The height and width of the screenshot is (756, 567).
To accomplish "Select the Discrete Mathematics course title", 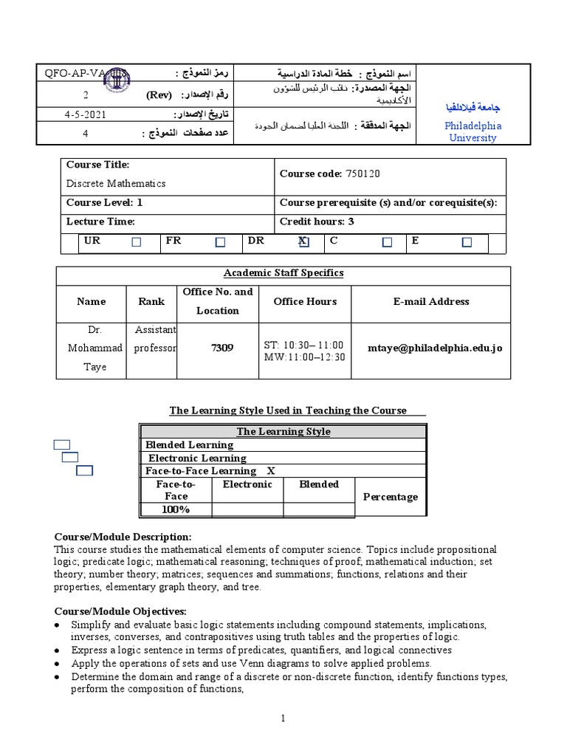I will [x=116, y=183].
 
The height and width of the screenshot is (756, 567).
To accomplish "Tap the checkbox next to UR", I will [x=136, y=242].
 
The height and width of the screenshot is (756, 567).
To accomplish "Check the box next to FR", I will [x=220, y=242].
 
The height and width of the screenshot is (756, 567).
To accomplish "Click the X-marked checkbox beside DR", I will [x=303, y=242].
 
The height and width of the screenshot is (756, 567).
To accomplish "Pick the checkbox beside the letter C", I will [x=387, y=242].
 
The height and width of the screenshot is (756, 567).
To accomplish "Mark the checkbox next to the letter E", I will [x=467, y=242].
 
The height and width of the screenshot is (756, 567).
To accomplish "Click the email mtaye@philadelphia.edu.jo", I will [x=435, y=347].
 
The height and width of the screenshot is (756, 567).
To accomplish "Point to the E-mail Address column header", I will [x=430, y=301].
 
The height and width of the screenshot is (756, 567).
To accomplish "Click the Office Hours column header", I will [x=305, y=301].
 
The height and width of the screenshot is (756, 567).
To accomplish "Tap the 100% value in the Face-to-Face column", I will [x=176, y=509].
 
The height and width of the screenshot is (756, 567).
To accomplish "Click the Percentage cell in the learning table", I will [x=391, y=497].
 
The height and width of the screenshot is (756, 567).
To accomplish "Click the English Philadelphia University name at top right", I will [x=473, y=131].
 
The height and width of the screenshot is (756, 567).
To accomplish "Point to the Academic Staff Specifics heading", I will [x=283, y=273].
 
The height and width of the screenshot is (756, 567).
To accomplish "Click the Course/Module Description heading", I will [x=123, y=537].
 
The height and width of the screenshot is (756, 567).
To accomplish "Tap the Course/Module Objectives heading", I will [x=120, y=611].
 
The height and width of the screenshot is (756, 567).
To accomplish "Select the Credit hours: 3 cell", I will [x=317, y=221].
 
